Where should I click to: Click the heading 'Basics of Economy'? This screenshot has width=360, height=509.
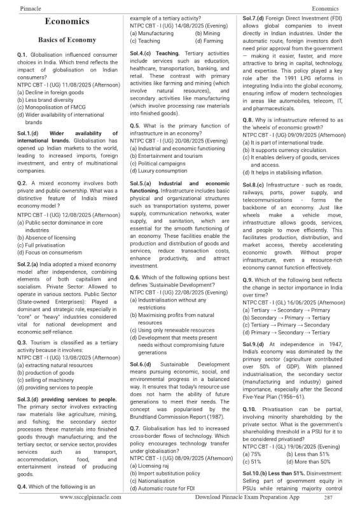67,39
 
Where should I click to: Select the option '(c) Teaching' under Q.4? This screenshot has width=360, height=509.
146,41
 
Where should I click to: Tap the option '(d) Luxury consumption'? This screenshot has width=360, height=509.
162,171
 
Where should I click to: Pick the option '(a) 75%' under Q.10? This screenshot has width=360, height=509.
253,455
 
